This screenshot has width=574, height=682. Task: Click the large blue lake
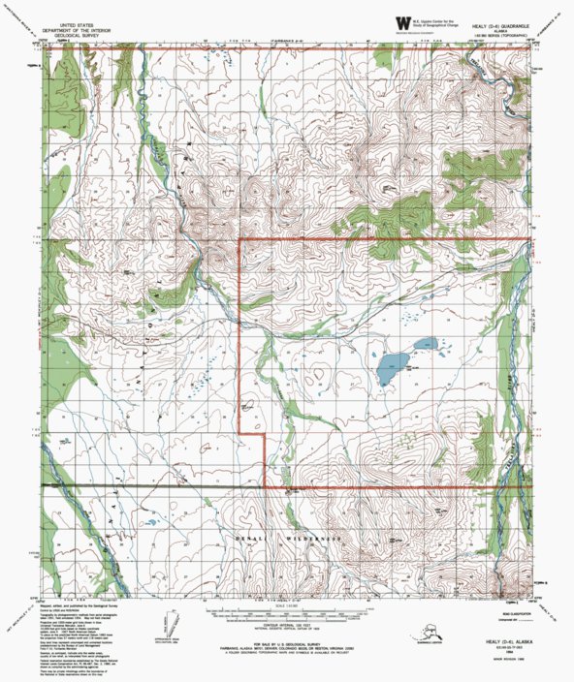click(x=392, y=364)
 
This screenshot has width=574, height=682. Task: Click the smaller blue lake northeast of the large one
click(x=424, y=343)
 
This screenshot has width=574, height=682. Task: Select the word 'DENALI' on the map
click(x=253, y=537)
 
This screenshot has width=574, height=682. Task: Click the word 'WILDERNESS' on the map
click(x=319, y=537)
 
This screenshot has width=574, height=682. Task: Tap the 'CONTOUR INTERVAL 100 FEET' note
click(x=286, y=625)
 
